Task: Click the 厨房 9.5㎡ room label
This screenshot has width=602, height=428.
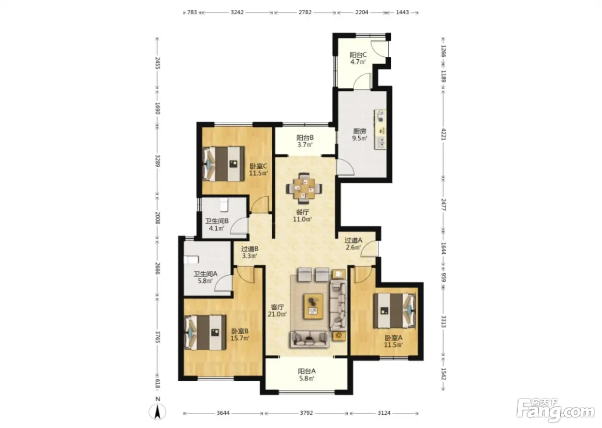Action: click(x=359, y=135)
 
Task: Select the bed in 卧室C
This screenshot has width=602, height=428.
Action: click(x=224, y=164)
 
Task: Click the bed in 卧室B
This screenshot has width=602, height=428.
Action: click(x=206, y=333)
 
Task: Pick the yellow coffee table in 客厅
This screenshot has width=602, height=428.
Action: click(x=313, y=307)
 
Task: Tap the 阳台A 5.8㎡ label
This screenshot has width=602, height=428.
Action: click(x=307, y=375)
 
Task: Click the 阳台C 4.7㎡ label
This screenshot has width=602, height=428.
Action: click(x=358, y=58)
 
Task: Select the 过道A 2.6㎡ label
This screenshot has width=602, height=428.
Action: click(x=353, y=244)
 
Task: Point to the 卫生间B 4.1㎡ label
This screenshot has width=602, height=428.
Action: click(x=217, y=225)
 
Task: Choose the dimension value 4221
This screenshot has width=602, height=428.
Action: click(x=443, y=134)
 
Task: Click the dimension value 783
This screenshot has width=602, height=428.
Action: click(x=192, y=12)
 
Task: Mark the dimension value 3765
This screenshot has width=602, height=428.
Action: click(x=158, y=337)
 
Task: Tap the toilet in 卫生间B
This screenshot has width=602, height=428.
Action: click(x=224, y=205)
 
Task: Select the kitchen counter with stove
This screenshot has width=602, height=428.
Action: click(x=381, y=129)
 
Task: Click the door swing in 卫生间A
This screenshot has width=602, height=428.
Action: click(x=223, y=283)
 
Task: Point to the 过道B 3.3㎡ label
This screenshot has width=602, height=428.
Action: click(x=250, y=252)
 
